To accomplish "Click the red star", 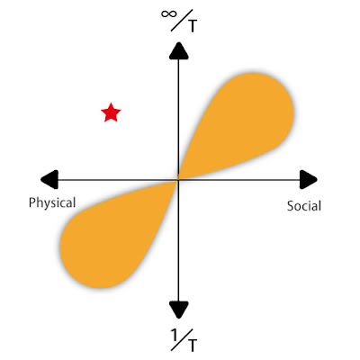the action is coord(111,112).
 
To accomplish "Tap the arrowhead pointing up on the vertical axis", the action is coord(179,51).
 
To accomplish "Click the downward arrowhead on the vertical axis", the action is coord(179,310).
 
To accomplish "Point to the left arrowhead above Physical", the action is coord(49,179).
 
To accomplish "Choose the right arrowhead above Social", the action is coord(309,179).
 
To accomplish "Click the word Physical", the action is coord(52,202).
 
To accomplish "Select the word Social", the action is coord(304,206).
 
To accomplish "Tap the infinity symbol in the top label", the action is coord(169,14).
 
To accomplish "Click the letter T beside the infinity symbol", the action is coord(192,27).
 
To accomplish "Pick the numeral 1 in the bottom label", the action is coord(174,334).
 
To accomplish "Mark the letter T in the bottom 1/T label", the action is coord(193,346).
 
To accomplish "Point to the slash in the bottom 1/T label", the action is coord(180,339).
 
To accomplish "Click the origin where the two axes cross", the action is coord(179,180).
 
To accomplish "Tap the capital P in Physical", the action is coord(32,202).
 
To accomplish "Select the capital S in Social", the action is coord(291,206).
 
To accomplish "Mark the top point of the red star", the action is coord(111,103).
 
